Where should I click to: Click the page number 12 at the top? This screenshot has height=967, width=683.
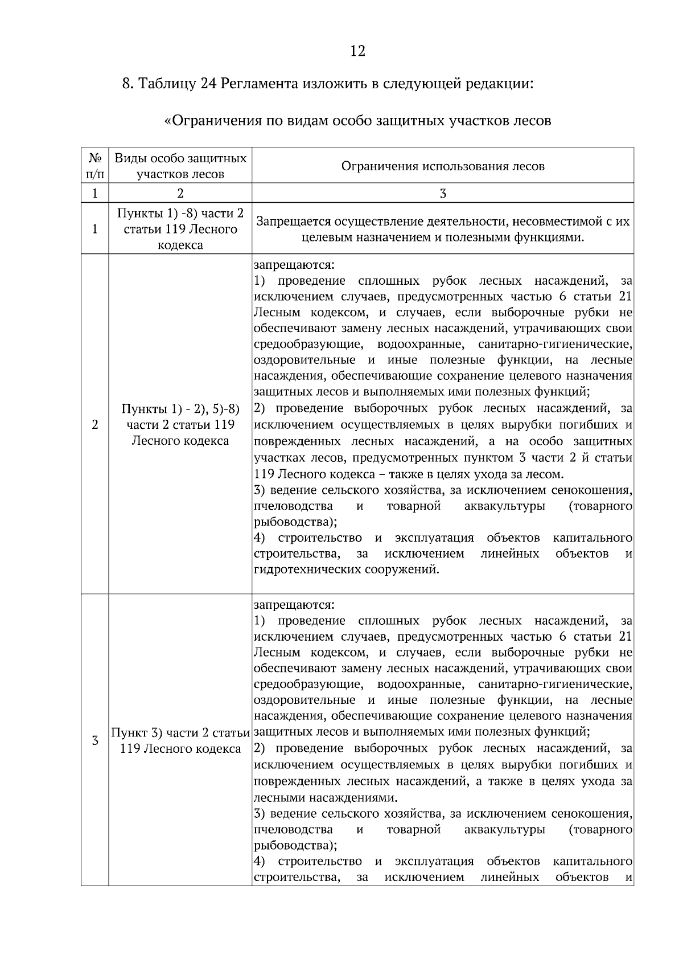tap(357, 51)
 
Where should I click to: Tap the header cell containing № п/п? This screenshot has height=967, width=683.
tap(94, 165)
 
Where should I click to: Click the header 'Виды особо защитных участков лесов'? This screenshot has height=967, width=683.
tap(180, 165)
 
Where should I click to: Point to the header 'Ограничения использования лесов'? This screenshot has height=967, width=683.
tap(443, 166)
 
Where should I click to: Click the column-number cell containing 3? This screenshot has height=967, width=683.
tap(443, 194)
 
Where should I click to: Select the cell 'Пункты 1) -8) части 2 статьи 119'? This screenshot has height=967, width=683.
tap(180, 229)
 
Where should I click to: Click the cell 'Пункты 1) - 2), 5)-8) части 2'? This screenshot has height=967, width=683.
tap(180, 425)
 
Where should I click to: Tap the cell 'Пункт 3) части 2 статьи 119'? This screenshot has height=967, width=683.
tap(180, 740)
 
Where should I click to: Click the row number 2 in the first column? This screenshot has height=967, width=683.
tap(94, 425)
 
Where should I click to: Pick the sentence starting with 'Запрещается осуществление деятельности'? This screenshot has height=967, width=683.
tap(443, 229)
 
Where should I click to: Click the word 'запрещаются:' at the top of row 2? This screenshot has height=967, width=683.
tap(294, 265)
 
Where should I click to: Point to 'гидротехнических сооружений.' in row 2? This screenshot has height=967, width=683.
tap(347, 569)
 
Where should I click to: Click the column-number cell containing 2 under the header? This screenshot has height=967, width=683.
tap(180, 194)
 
